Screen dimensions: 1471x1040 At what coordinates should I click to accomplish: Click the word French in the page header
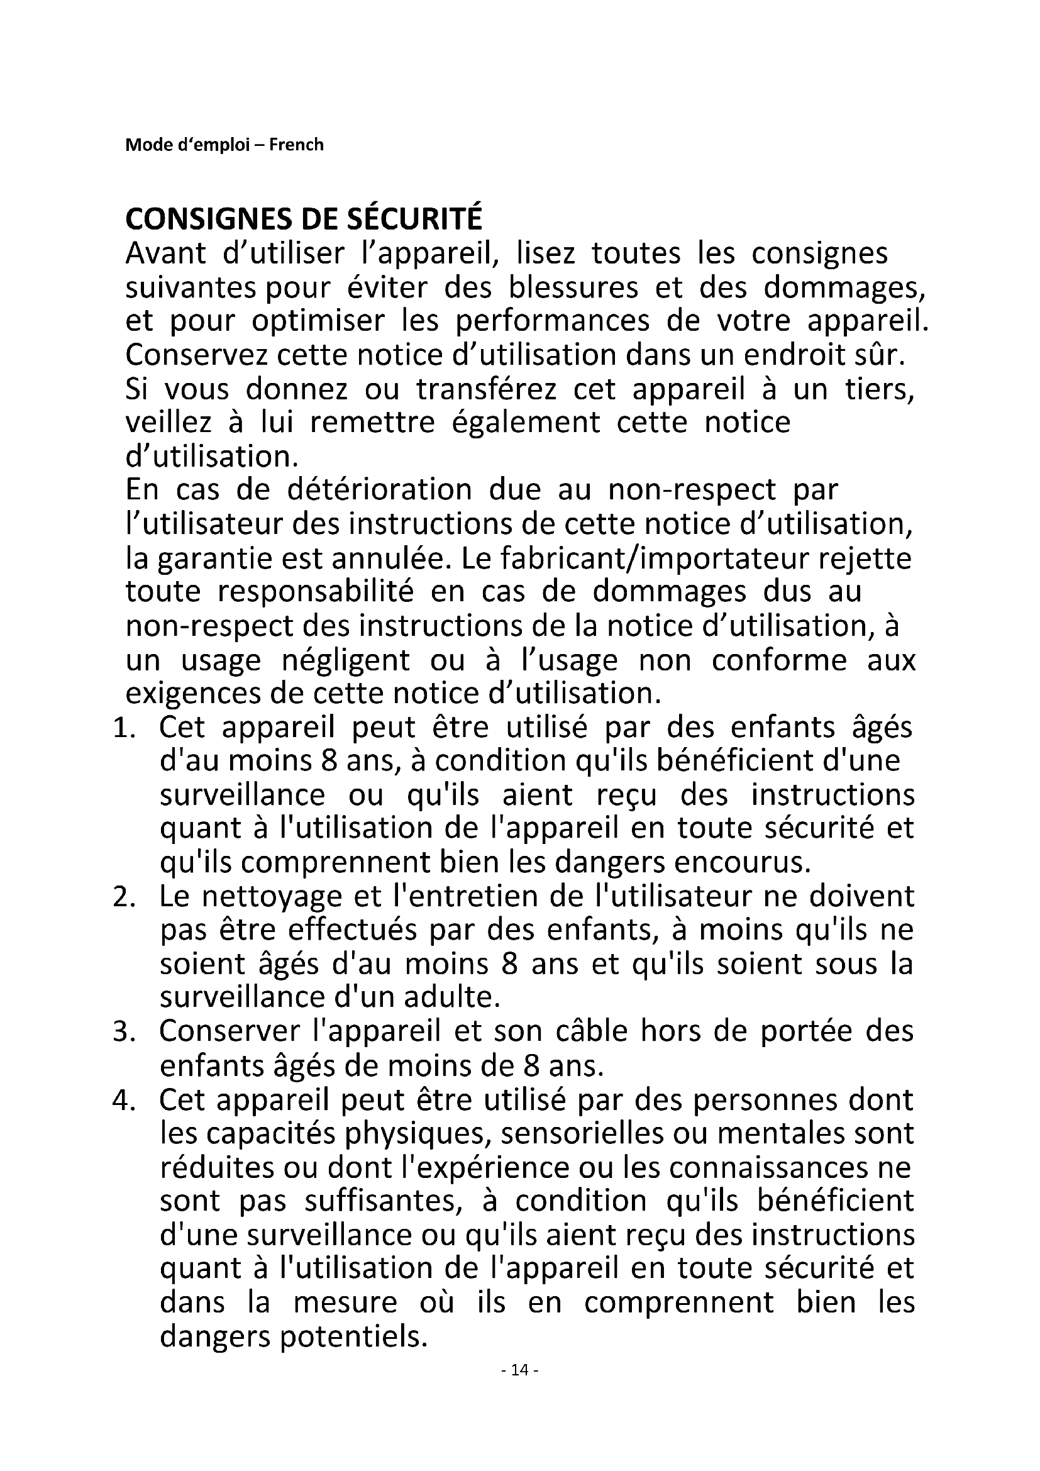296,145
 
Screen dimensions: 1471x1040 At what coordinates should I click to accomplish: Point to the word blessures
573,287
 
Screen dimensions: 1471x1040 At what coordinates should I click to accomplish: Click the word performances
552,321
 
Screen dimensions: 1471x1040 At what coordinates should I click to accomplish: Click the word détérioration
379,490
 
